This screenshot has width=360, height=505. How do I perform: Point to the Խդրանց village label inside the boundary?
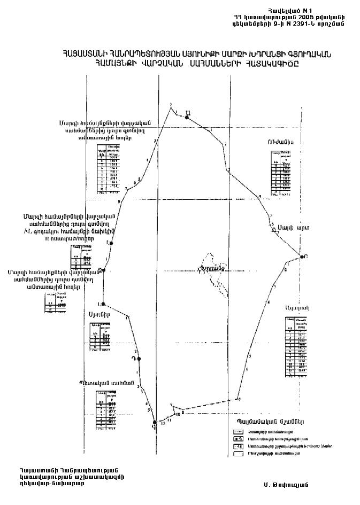tap(209, 269)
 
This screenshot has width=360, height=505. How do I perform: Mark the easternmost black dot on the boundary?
tap(302, 257)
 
